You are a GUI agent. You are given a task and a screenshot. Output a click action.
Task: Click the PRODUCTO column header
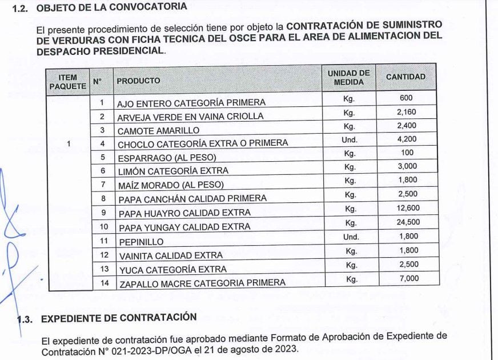point(138,81)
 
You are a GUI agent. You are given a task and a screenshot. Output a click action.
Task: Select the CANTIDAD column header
point(405,77)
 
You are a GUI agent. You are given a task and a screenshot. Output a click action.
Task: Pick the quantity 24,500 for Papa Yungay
point(408,222)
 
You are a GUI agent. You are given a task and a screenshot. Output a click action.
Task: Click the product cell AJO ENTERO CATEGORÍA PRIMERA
point(191,103)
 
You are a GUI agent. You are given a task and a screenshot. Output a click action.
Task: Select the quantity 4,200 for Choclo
point(407,139)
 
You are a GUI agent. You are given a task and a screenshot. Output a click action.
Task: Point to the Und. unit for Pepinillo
point(351,237)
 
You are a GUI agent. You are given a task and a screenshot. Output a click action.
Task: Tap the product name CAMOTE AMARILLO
point(150,130)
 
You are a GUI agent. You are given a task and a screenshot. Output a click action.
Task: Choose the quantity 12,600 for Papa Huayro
point(408,209)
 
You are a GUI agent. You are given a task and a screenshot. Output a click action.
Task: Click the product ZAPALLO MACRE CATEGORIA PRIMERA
point(202,283)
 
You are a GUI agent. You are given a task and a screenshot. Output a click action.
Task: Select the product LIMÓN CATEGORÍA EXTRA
point(172,171)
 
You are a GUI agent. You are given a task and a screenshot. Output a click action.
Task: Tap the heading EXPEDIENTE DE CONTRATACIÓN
point(119,318)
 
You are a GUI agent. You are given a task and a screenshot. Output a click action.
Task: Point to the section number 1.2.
point(20,9)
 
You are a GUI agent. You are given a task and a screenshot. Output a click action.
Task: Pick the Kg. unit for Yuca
point(351,265)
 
